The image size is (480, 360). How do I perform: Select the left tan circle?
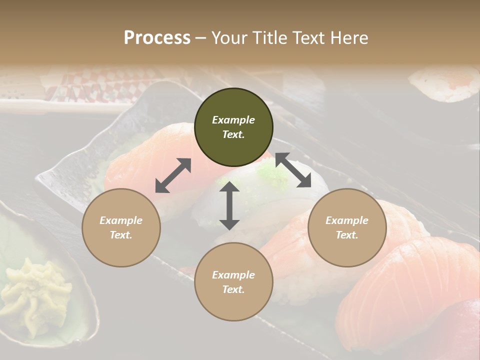tap(121, 227)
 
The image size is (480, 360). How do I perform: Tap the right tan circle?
tap(347, 227)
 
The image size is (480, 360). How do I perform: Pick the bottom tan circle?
tap(233, 282)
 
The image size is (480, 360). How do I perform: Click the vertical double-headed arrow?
tap(229, 205)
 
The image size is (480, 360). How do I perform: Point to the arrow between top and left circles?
tap(173, 175)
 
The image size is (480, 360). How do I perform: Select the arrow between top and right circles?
tap(293, 170)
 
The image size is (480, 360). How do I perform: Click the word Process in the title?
tap(157, 37)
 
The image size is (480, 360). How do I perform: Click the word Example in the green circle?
tap(233, 120)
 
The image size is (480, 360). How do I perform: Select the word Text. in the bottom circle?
tap(233, 289)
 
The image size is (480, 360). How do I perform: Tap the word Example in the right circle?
tap(347, 220)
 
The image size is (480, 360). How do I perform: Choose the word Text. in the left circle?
tap(121, 235)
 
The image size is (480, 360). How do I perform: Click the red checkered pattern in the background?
tap(100, 85)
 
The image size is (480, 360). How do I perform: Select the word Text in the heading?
tap(307, 37)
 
